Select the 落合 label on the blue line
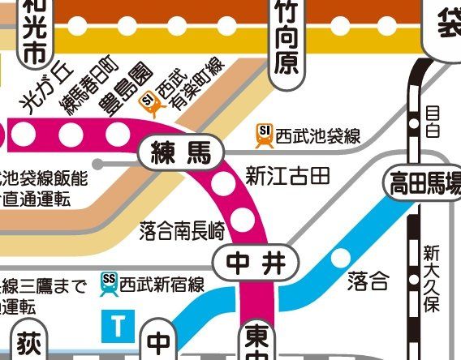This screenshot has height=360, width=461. coord(368,281)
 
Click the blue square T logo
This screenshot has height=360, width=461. coord(118,327)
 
